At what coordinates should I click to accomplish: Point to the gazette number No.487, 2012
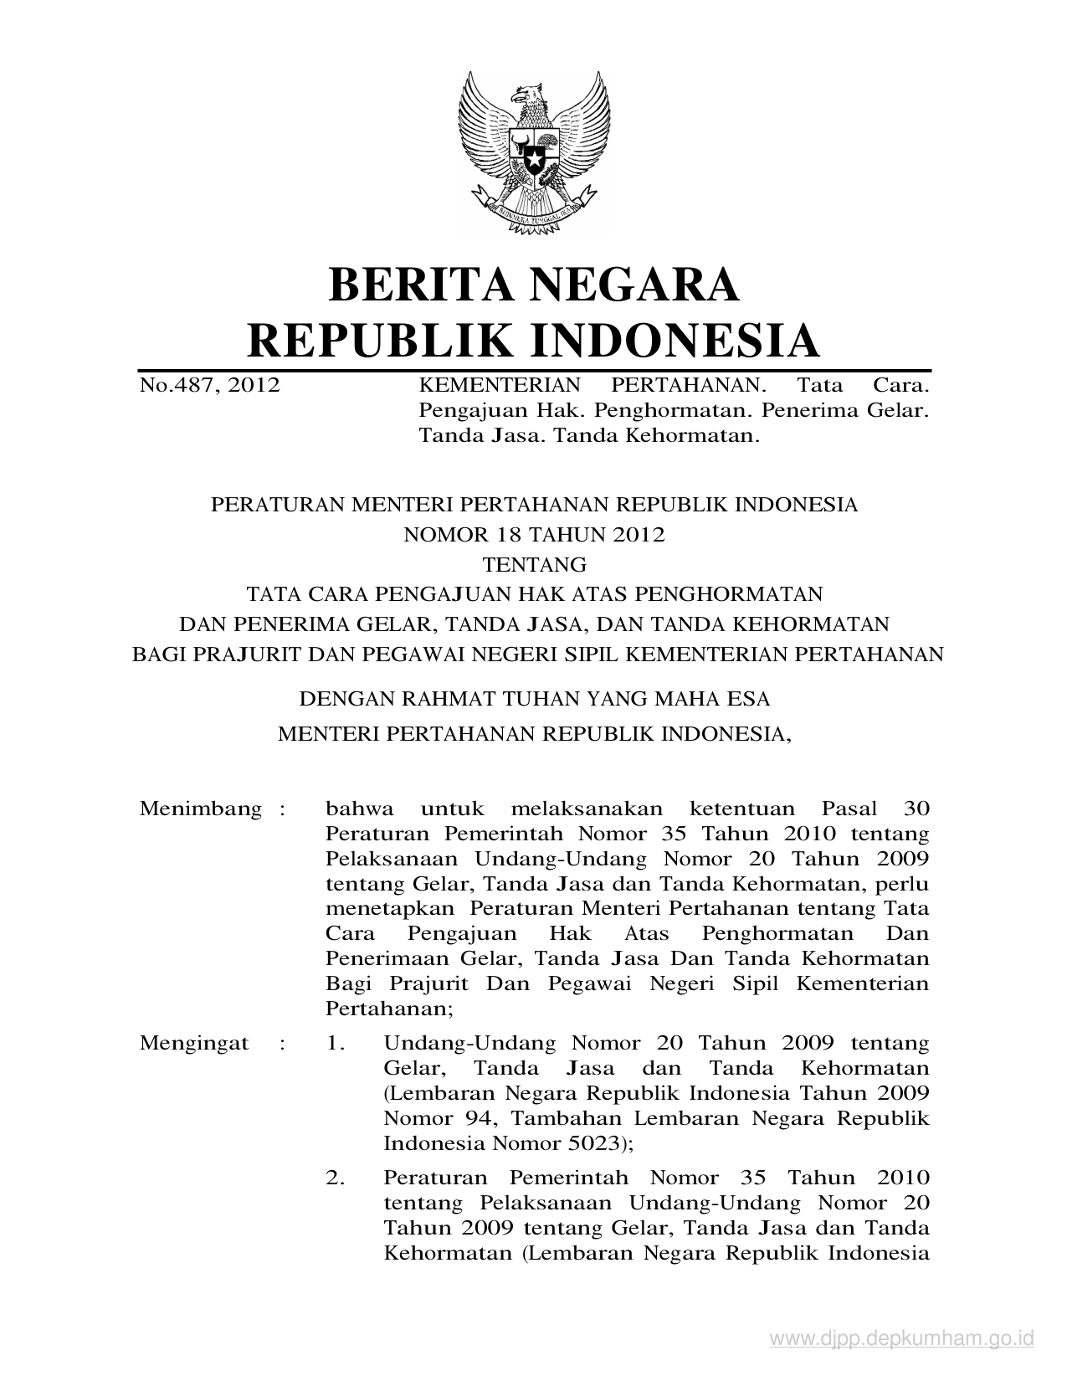point(209,386)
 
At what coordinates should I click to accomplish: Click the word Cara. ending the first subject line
point(900,386)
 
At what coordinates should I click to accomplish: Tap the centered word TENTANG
point(534,564)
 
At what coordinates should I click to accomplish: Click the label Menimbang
point(201,809)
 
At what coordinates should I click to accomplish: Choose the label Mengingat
point(194,1044)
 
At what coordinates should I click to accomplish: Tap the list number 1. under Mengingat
point(336,1044)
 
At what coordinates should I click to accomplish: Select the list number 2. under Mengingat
point(336,1178)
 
